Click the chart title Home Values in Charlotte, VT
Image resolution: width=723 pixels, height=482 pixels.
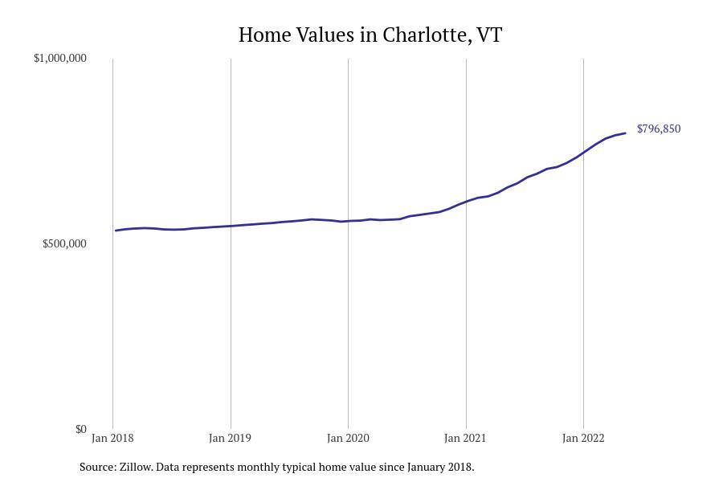tap(370, 35)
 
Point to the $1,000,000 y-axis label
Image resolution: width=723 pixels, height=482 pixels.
tap(59, 59)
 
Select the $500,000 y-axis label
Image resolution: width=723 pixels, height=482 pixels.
tap(64, 244)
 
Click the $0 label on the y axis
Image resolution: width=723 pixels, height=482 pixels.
tap(80, 429)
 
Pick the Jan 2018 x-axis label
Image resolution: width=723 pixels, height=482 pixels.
tap(112, 438)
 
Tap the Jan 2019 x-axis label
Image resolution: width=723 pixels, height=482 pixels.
tap(230, 438)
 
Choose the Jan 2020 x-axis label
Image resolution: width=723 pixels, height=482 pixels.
tap(348, 438)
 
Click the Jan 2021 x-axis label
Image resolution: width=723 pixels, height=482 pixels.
tap(465, 438)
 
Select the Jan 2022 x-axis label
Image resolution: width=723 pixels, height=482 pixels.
tap(582, 438)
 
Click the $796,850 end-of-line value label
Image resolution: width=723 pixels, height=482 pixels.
tap(659, 129)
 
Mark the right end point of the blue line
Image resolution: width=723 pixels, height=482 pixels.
tap(625, 133)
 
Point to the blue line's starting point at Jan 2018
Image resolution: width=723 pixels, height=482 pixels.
tap(116, 231)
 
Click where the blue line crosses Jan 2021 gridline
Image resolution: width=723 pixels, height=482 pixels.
tap(466, 201)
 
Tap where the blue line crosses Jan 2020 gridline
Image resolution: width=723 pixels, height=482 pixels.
tap(348, 221)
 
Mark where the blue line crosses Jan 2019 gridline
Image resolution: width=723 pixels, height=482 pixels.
tap(231, 226)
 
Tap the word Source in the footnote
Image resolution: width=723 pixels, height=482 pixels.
tap(96, 467)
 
